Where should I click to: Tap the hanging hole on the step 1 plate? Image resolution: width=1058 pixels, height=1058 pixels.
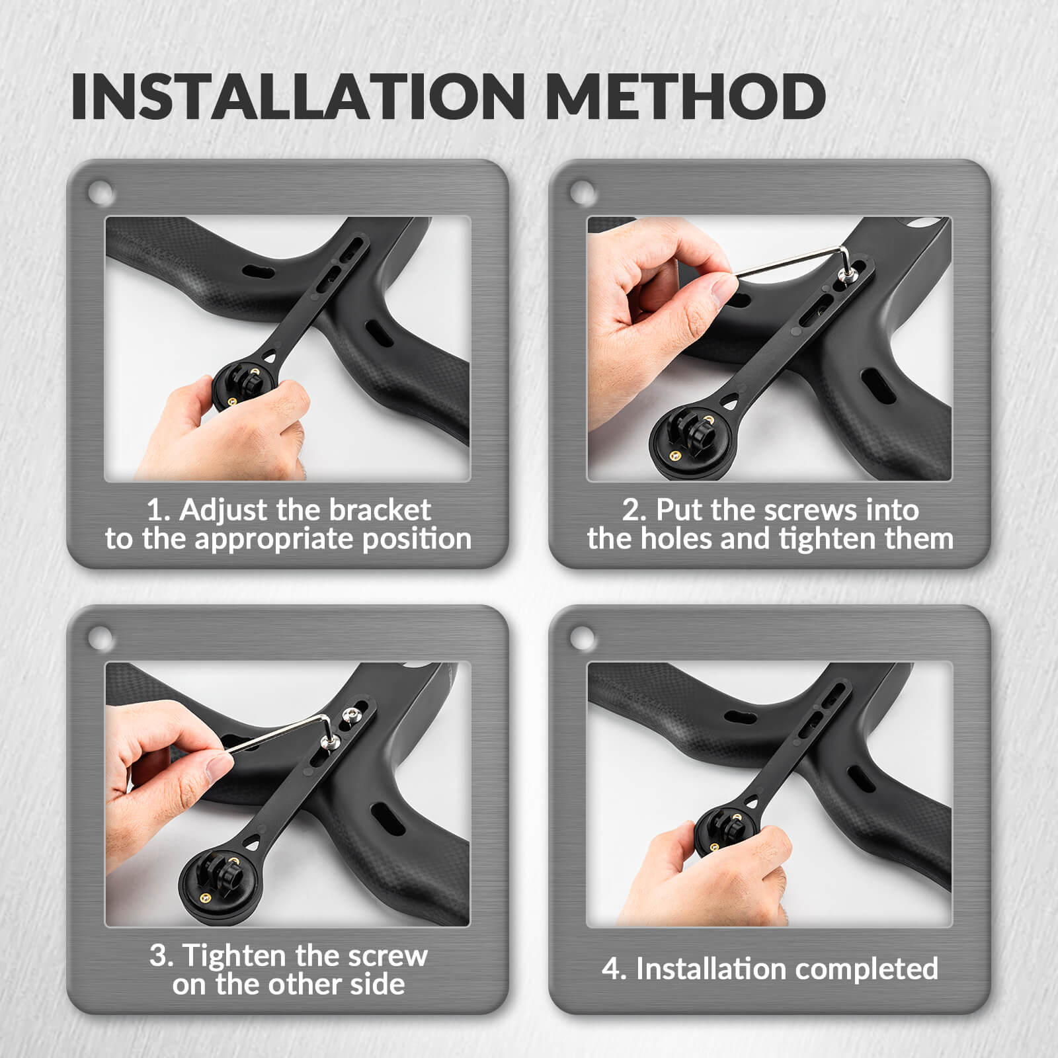101,193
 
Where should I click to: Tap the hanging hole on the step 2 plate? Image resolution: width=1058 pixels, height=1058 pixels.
583,193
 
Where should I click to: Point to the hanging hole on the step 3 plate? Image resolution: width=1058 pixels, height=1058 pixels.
101,638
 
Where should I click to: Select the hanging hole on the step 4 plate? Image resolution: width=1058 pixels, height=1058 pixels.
583,638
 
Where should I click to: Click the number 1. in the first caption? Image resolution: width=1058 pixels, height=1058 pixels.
159,510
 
